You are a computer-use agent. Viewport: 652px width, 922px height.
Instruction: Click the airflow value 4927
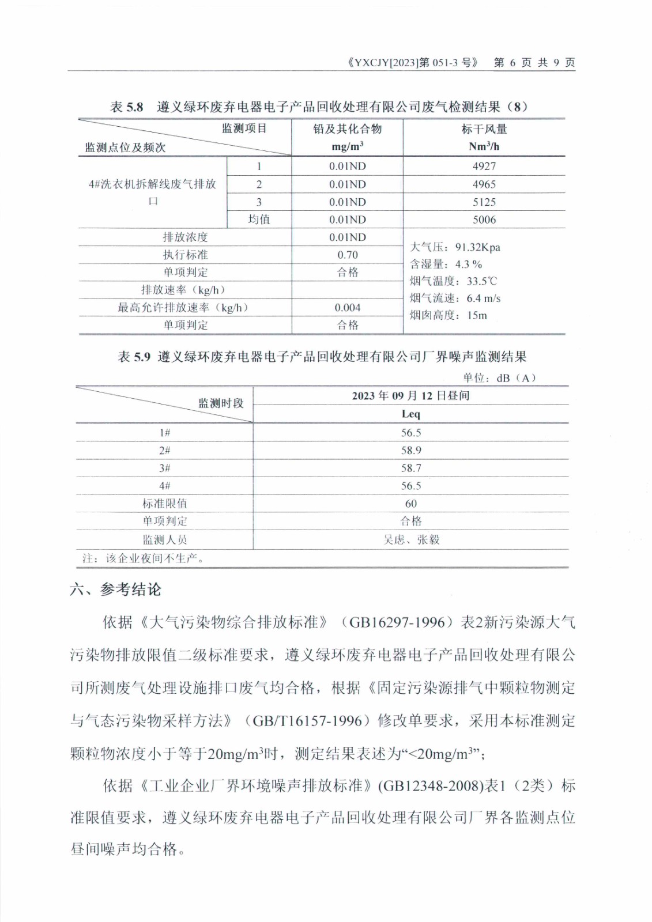click(484, 166)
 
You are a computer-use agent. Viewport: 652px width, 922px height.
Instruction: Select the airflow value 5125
click(484, 202)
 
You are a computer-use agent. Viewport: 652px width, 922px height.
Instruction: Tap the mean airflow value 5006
click(484, 220)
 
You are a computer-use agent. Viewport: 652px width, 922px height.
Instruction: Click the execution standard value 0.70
click(347, 255)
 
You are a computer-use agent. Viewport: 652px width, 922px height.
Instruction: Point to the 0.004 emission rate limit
click(347, 308)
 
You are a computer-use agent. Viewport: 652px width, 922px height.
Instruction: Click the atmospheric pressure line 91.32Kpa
click(455, 247)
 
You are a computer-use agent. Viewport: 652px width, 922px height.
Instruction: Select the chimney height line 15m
click(448, 315)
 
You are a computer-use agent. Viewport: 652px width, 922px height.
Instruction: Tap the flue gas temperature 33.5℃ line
click(453, 281)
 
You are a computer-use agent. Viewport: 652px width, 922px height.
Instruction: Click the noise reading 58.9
click(410, 450)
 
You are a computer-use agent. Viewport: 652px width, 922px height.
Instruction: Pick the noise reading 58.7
click(410, 468)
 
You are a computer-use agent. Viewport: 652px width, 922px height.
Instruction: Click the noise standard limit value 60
click(410, 504)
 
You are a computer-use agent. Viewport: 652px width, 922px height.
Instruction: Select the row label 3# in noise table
click(164, 468)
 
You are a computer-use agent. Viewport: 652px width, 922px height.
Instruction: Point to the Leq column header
click(410, 414)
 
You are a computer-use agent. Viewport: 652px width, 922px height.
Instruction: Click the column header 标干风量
click(484, 129)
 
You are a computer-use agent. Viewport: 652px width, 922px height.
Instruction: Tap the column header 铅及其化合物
click(347, 129)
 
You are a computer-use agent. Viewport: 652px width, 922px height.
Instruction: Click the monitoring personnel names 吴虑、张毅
click(411, 539)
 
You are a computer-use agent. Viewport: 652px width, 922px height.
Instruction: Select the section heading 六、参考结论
click(115, 590)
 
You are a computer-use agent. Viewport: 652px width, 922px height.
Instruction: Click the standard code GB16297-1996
click(397, 622)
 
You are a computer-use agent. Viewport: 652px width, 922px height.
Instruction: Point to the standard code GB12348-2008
click(429, 786)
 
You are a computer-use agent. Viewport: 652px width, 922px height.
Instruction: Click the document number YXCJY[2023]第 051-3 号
click(413, 63)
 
